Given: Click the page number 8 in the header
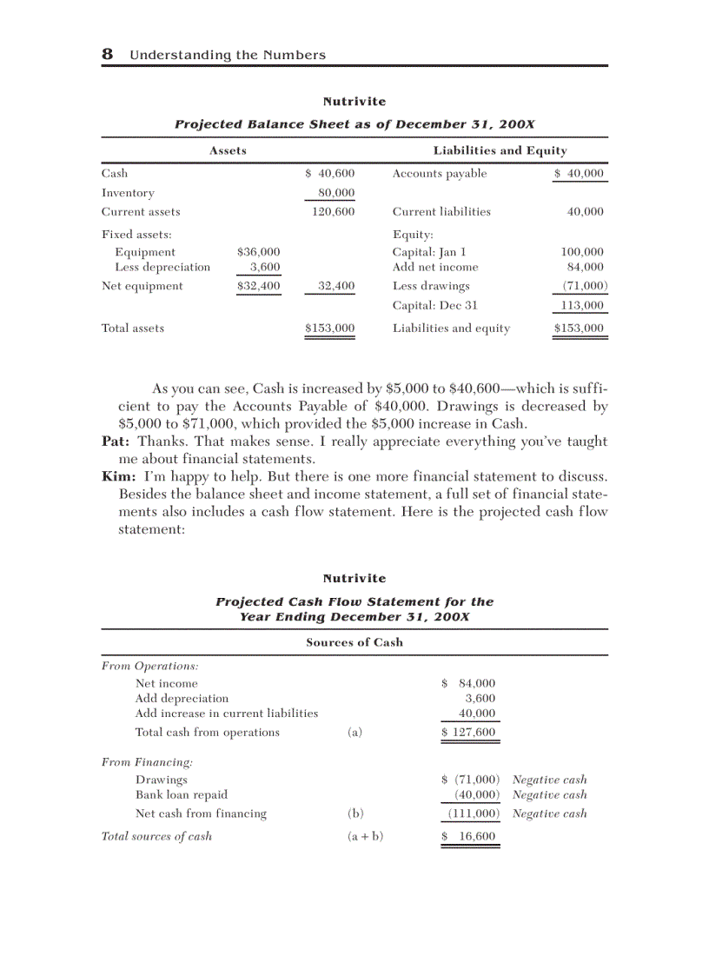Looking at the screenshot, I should click(x=108, y=55).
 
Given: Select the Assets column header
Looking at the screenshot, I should click(x=228, y=150).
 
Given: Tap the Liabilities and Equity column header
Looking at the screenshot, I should click(x=500, y=150).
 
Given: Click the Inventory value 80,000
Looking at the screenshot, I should click(x=336, y=193).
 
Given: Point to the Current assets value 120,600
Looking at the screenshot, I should click(x=334, y=212).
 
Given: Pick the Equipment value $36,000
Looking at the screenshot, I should click(x=258, y=253).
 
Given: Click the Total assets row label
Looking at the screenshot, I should click(x=133, y=329).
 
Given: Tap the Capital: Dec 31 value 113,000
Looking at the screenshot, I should click(x=582, y=306).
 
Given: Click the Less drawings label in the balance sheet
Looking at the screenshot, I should click(x=431, y=286).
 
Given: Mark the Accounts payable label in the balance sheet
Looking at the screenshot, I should click(x=440, y=174).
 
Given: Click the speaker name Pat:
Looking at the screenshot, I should click(x=116, y=442).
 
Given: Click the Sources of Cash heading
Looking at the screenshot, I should click(x=354, y=642).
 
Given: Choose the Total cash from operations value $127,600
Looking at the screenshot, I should click(x=469, y=733).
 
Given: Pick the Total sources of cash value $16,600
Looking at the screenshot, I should click(x=469, y=837).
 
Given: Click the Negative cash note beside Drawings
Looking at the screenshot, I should click(x=550, y=780).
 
